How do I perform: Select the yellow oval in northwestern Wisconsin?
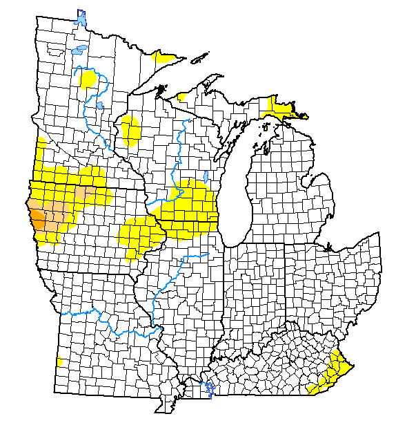coord(130,131)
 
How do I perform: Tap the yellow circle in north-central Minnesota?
coord(89,78)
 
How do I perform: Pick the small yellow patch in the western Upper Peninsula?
coord(183,96)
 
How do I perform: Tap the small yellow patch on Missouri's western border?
coord(60,361)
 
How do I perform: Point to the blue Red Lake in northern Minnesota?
coord(79,50)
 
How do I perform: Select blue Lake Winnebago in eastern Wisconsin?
coord(208,176)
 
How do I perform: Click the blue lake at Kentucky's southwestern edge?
coord(210,389)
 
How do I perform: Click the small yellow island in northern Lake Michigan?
coord(265,126)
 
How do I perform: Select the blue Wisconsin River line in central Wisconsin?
coord(178,149)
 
